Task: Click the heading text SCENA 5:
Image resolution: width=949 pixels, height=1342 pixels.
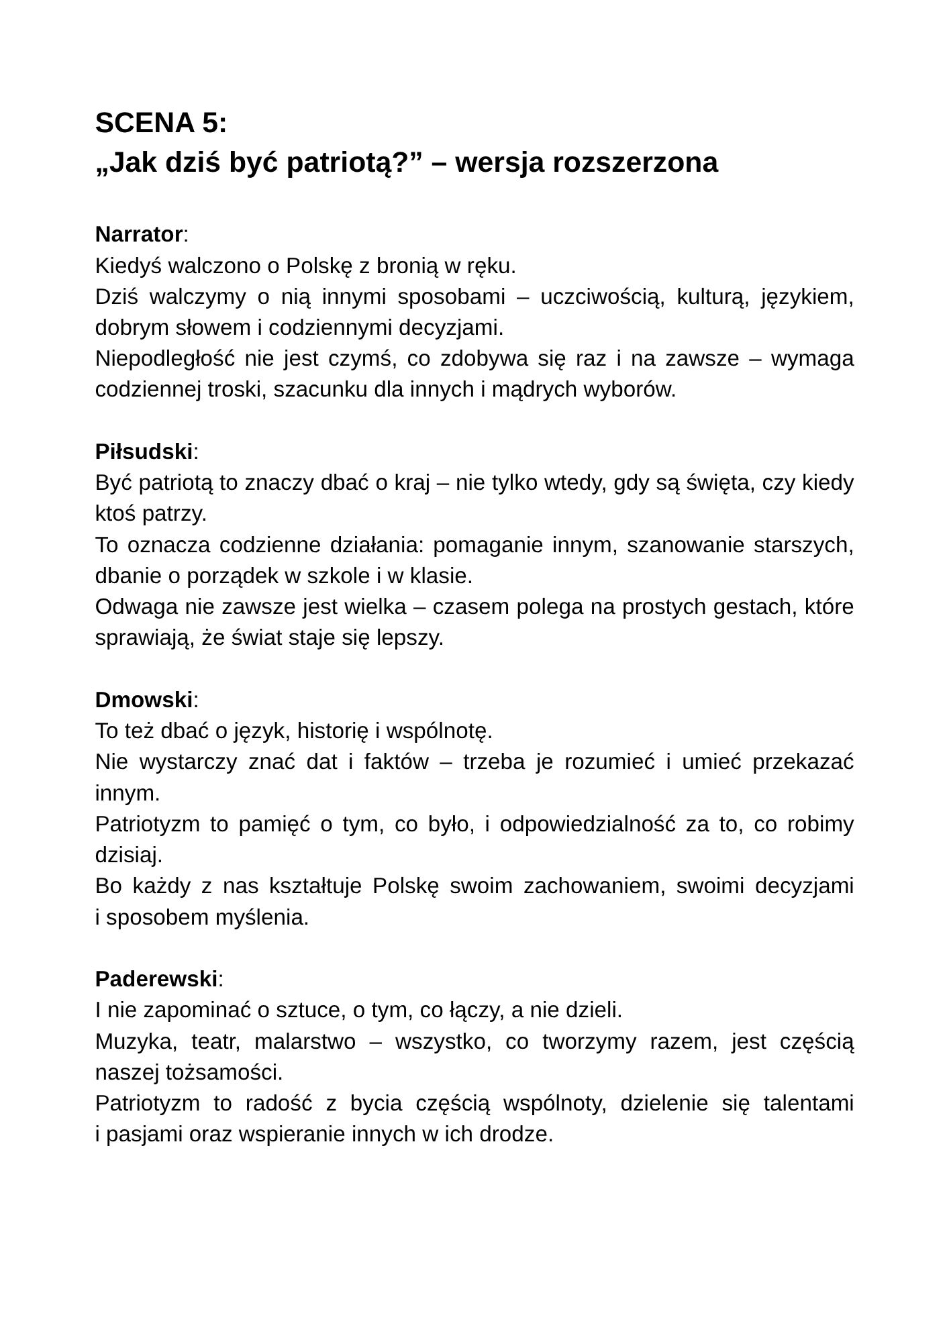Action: coord(161,123)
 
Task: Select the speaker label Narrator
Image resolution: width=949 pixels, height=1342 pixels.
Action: coord(139,235)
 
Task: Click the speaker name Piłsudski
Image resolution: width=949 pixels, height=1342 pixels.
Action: coord(144,452)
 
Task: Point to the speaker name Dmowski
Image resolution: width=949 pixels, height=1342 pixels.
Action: coord(144,700)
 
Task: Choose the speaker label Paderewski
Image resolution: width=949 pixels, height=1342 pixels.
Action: coord(156,979)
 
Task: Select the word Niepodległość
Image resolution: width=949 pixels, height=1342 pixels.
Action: coord(164,359)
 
